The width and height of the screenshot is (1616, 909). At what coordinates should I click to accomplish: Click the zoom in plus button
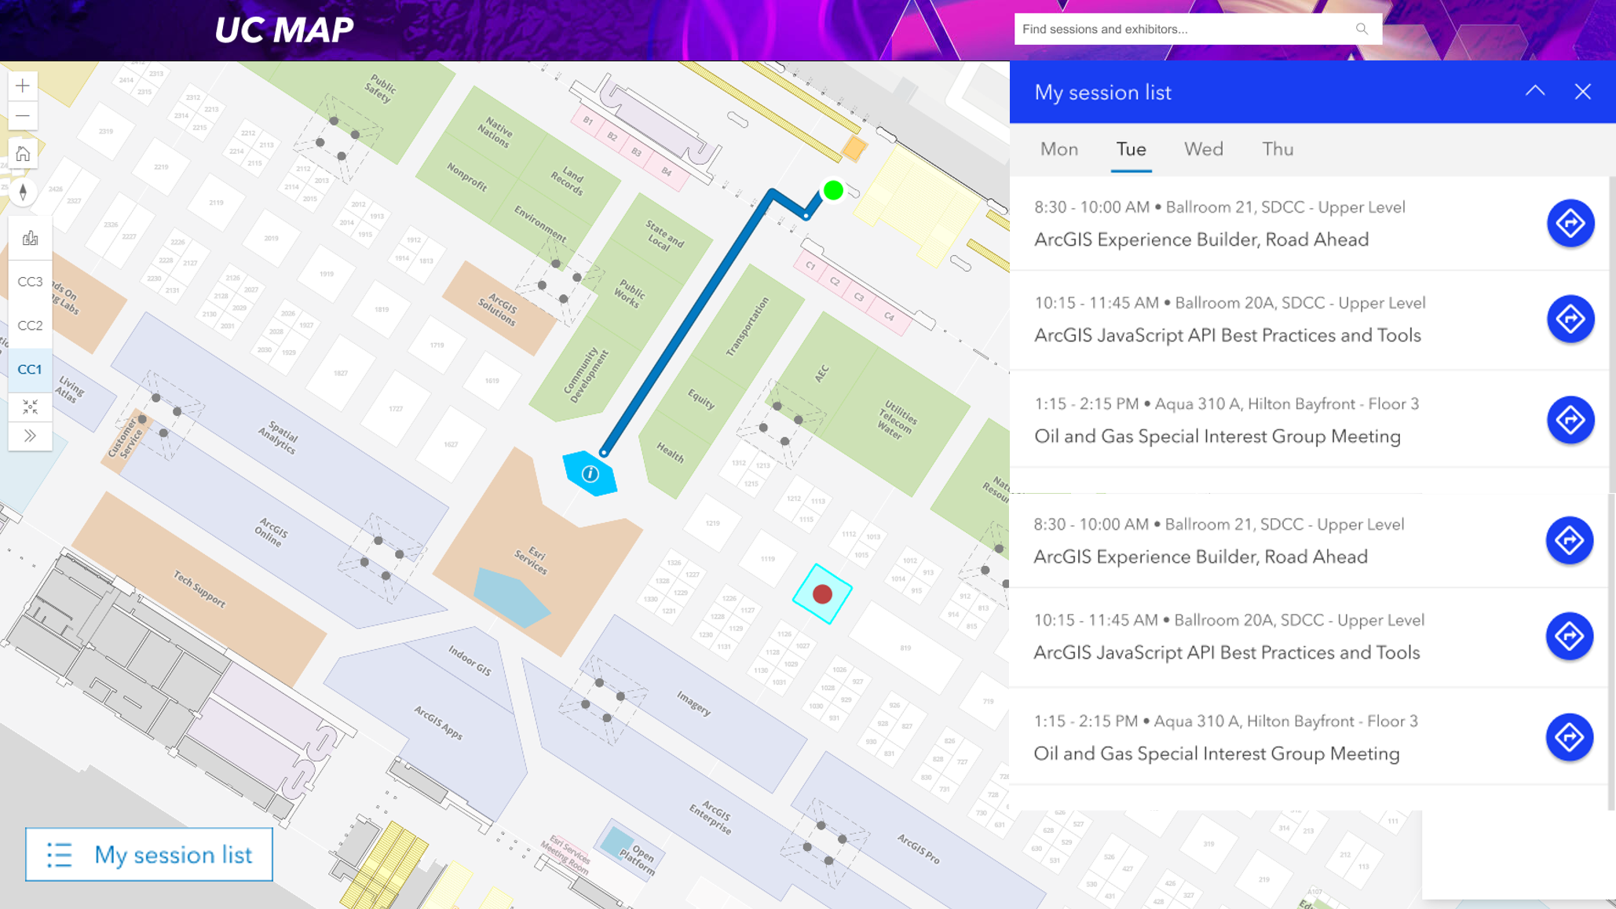23,86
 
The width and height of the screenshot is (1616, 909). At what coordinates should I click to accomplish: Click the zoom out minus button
23,116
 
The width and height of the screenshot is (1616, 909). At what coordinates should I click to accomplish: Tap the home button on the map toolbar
23,154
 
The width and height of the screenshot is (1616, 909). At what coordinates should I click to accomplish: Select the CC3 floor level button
30,282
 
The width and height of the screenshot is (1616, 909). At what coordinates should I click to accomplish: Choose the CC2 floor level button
30,326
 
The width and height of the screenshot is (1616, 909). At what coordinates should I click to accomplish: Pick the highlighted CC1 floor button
30,369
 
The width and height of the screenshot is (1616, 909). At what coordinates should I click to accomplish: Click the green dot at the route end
833,190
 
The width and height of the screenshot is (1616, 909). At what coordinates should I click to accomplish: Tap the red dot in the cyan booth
822,594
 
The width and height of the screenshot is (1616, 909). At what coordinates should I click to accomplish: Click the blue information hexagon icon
590,473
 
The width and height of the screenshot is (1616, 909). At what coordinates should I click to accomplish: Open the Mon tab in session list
1058,149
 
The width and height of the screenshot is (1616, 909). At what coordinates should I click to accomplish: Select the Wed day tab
1203,149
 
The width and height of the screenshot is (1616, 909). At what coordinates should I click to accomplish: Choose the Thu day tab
1278,149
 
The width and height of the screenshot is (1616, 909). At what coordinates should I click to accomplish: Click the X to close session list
1582,92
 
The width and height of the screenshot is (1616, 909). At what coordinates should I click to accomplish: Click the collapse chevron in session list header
1534,91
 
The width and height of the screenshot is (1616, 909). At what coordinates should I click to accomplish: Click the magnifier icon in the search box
1362,29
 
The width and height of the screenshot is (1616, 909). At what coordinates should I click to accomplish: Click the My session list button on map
149,854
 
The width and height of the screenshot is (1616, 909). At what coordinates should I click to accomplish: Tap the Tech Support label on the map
199,589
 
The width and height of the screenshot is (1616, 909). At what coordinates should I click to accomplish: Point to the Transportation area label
748,327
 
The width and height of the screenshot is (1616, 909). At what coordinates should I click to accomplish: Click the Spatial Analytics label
278,437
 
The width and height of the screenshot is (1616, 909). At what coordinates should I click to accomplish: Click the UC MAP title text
283,30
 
